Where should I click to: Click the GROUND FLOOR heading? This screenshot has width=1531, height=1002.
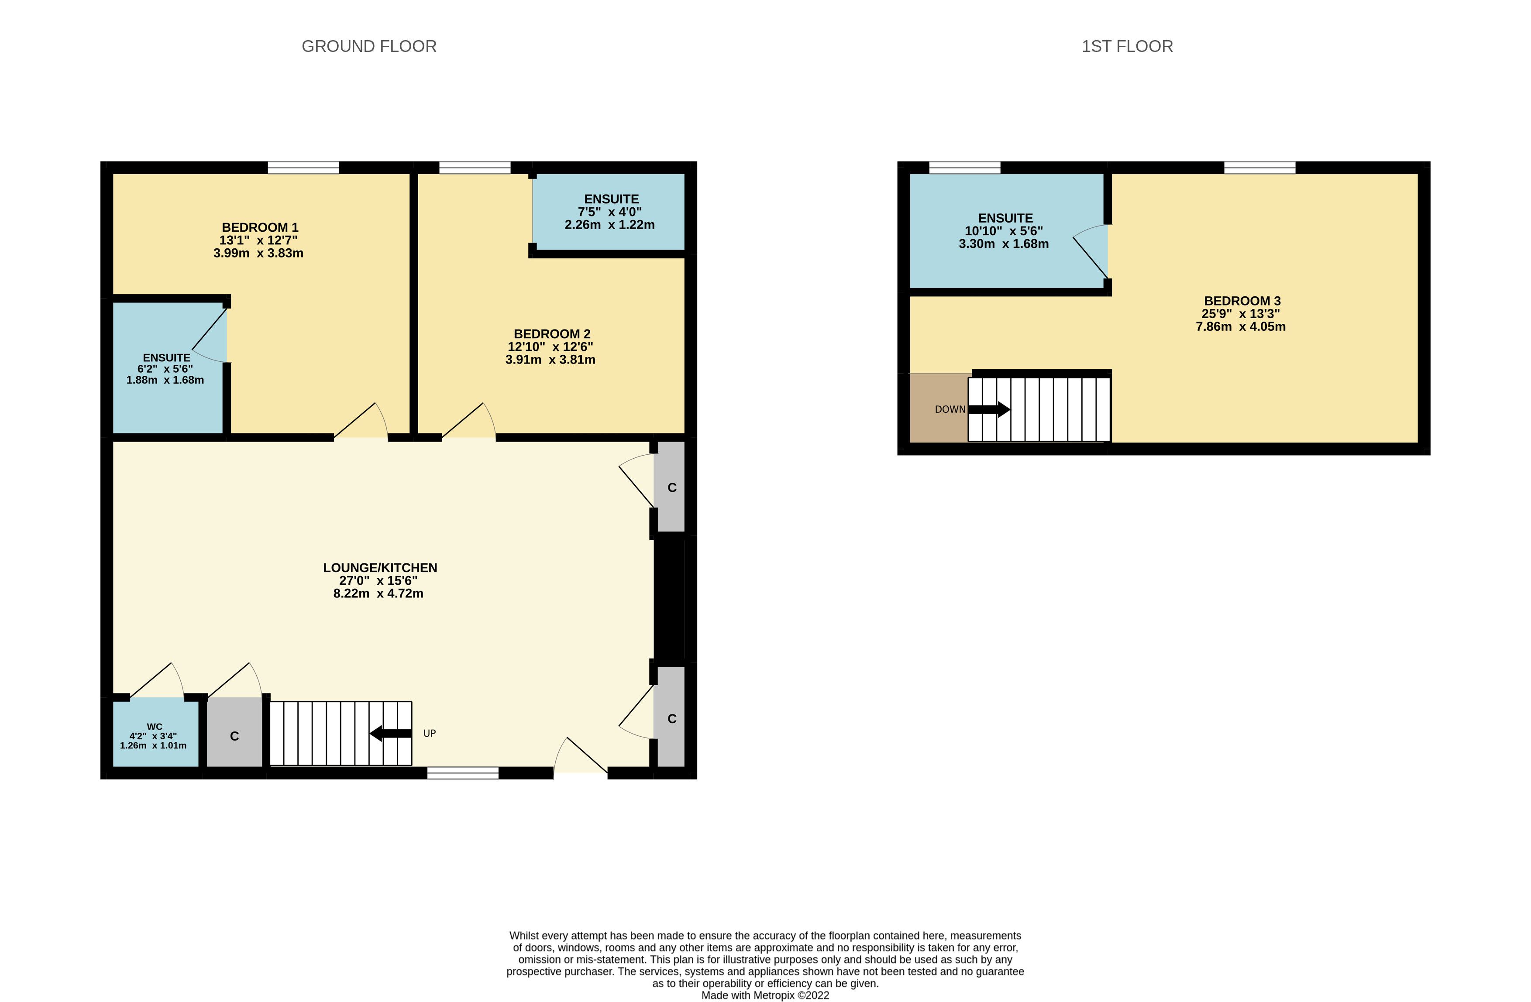369,46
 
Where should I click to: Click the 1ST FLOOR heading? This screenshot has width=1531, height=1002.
1127,46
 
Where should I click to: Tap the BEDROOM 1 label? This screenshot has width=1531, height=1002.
260,228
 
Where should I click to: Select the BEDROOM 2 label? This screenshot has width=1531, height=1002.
552,334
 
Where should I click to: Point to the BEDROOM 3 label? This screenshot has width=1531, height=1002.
1242,301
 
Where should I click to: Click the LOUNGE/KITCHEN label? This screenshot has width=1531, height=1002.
380,568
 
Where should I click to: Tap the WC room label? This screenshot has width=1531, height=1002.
155,727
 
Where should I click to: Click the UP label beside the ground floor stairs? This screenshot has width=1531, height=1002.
430,733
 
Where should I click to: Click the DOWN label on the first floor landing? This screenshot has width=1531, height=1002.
950,409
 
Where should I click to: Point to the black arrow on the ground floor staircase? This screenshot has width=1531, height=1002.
390,733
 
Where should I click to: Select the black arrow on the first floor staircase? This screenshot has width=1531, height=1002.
989,409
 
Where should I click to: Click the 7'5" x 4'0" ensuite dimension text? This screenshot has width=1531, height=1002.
610,212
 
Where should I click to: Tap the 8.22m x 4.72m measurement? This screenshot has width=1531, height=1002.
378,594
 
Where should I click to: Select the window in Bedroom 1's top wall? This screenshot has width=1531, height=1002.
303,168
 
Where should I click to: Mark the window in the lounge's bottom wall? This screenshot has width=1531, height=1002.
462,773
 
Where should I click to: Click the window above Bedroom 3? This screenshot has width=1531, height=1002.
1259,168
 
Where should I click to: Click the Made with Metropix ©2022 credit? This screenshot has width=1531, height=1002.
765,995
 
